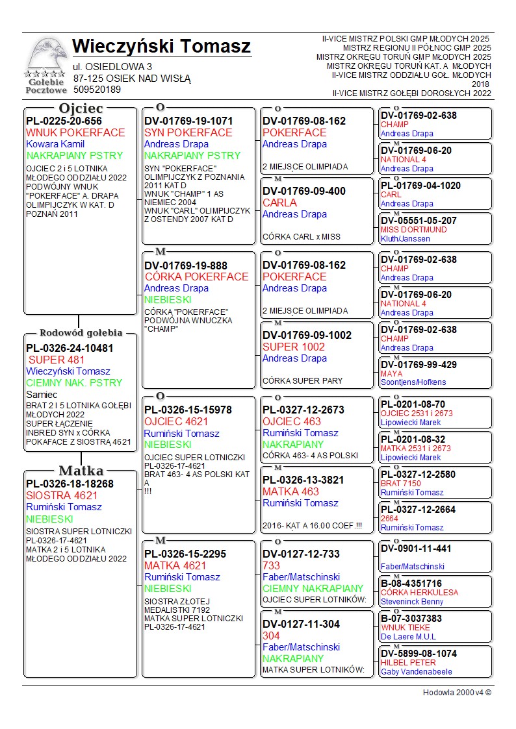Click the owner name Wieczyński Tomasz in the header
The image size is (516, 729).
click(161, 47)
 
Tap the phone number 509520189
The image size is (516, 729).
click(97, 90)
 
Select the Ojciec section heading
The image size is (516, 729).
click(81, 108)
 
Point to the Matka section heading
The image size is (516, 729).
click(81, 471)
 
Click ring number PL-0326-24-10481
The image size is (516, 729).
click(70, 348)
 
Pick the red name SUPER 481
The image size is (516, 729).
click(56, 360)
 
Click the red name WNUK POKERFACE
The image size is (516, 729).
click(75, 132)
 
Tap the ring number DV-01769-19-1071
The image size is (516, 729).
click(188, 121)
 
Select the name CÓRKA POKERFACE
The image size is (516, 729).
click(196, 277)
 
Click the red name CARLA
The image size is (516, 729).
click(279, 203)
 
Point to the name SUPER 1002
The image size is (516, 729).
click(289, 347)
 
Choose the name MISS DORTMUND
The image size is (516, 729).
click(413, 230)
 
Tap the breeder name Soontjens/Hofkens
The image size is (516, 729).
click(413, 383)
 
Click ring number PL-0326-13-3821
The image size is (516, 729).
click(304, 480)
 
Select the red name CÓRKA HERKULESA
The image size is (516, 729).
click(419, 593)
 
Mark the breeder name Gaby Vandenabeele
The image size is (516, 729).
click(417, 672)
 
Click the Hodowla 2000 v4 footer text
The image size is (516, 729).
click(457, 693)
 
